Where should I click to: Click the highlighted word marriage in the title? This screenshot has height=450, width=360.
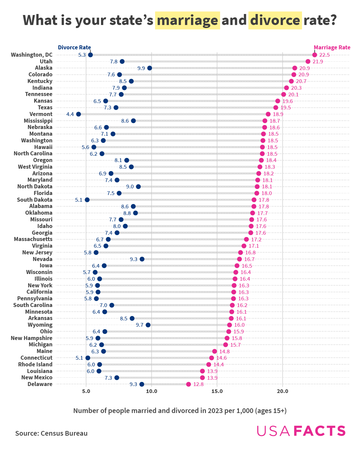[x=187, y=20]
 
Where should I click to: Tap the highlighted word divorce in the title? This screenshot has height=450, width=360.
[x=275, y=20]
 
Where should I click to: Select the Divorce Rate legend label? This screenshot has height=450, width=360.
[x=74, y=47]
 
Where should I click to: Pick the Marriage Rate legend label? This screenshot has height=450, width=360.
[x=332, y=47]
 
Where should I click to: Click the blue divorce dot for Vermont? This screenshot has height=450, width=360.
[x=78, y=114]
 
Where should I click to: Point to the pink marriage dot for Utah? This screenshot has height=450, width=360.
[x=308, y=62]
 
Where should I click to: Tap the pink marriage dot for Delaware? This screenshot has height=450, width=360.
[x=189, y=384]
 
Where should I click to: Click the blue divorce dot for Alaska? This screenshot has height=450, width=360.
[x=150, y=68]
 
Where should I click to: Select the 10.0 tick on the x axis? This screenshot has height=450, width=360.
[x=152, y=391]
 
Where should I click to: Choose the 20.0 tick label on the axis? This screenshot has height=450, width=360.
[x=283, y=391]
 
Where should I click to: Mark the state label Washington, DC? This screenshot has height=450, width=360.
[x=32, y=55]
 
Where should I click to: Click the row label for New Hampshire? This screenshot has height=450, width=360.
[x=31, y=338]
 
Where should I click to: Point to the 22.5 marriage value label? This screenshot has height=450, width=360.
[x=324, y=55]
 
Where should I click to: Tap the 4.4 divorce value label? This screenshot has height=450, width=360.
[x=70, y=114]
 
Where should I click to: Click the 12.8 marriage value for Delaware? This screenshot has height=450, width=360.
[x=198, y=384]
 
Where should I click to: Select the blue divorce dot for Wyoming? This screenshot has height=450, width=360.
[x=148, y=325]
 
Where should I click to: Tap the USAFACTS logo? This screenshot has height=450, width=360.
[x=301, y=431]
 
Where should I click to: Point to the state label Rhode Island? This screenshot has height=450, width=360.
[x=35, y=364]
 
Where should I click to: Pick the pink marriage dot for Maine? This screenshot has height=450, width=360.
[x=215, y=351]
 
